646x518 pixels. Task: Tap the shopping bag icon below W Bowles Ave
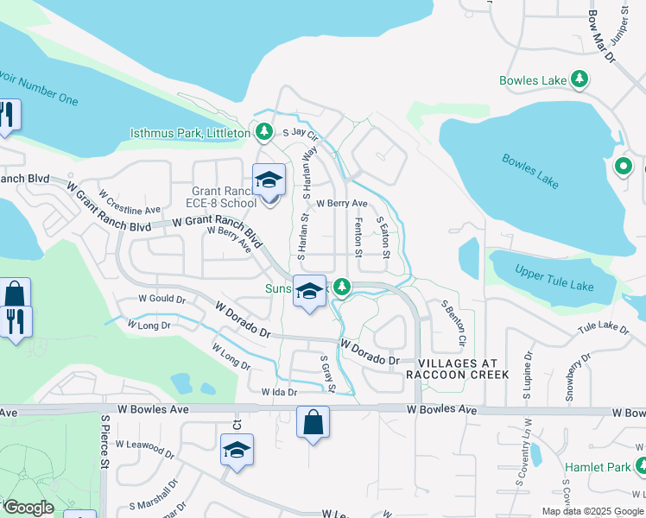point(313,423)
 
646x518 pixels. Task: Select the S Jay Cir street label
point(301,134)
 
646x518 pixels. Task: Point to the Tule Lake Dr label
point(602,327)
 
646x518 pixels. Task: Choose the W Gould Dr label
point(163,299)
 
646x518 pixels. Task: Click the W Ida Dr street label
point(279,392)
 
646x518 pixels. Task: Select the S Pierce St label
point(104,441)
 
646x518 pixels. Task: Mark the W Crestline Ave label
point(130,204)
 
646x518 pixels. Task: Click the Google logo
point(28,508)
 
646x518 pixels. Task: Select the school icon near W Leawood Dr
point(237,450)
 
